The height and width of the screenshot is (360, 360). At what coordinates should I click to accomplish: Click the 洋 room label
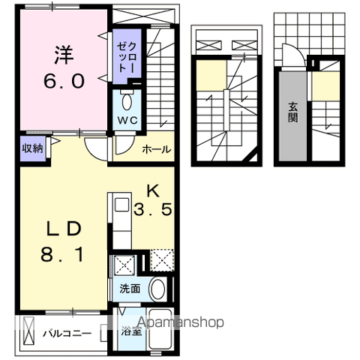pyautogui.click(x=64, y=55)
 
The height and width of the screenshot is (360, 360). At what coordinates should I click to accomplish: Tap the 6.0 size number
pyautogui.click(x=64, y=81)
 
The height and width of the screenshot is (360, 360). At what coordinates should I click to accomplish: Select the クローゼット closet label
pyautogui.click(x=127, y=57)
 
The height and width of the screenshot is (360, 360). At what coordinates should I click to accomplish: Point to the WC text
pyautogui.click(x=127, y=120)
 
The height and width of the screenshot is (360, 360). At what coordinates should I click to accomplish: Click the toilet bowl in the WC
pyautogui.click(x=127, y=102)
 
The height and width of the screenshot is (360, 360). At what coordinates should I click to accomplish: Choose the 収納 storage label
pyautogui.click(x=33, y=148)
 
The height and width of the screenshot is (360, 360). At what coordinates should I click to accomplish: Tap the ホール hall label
pyautogui.click(x=157, y=149)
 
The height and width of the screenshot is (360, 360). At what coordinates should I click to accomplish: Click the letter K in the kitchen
pyautogui.click(x=153, y=192)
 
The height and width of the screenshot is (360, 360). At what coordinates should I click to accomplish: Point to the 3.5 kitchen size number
pyautogui.click(x=153, y=209)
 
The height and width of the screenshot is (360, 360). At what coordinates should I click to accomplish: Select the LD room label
pyautogui.click(x=64, y=229)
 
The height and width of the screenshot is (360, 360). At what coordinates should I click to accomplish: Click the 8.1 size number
pyautogui.click(x=62, y=254)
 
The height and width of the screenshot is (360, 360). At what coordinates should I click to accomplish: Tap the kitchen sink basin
pyautogui.click(x=121, y=205)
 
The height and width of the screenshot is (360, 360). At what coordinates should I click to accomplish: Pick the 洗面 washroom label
pyautogui.click(x=130, y=289)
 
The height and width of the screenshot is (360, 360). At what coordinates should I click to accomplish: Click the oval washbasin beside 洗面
pyautogui.click(x=157, y=289)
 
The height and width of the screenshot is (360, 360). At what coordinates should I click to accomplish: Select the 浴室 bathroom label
pyautogui.click(x=131, y=331)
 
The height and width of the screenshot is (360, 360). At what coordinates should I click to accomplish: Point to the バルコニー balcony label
pyautogui.click(x=67, y=334)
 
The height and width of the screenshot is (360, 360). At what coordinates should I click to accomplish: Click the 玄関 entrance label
pyautogui.click(x=292, y=112)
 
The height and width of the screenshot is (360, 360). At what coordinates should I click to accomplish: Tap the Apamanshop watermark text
pyautogui.click(x=181, y=322)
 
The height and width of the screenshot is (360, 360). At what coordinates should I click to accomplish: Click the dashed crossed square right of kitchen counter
pyautogui.click(x=162, y=260)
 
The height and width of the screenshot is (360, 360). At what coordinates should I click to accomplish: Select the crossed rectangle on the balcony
pyautogui.click(x=28, y=331)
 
